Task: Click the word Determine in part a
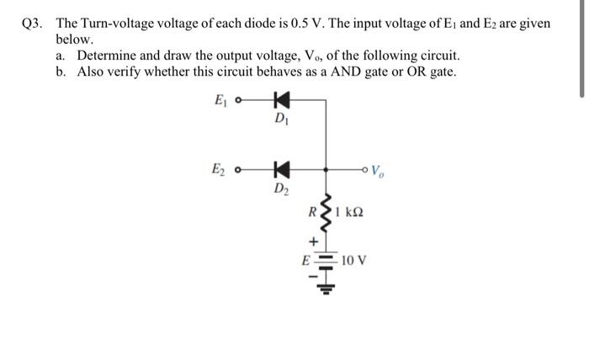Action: (x=105, y=56)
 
